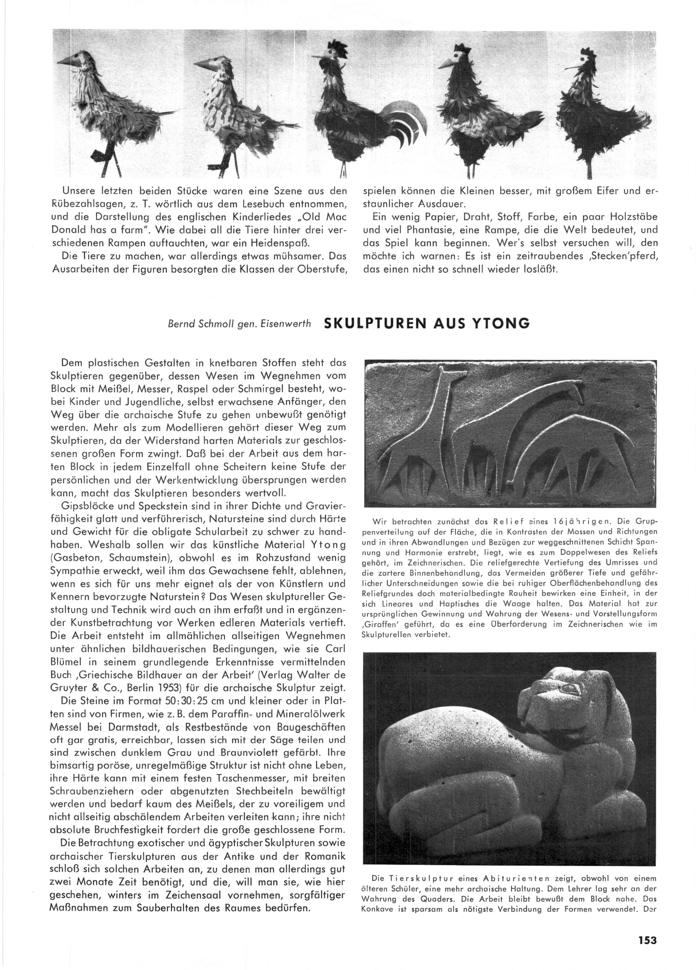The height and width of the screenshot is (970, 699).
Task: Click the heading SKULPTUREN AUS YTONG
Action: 427,323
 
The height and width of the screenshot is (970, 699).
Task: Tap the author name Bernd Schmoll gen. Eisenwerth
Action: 240,324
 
